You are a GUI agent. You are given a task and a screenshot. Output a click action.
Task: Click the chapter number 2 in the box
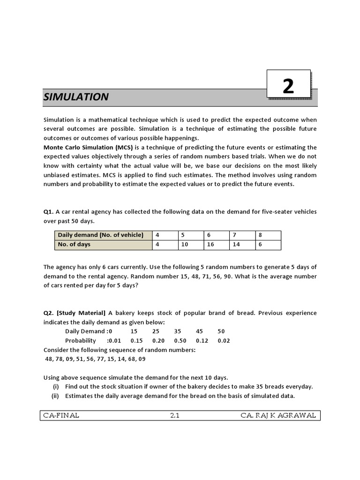pyautogui.click(x=288, y=87)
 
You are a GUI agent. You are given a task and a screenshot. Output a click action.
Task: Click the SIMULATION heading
pyautogui.click(x=76, y=97)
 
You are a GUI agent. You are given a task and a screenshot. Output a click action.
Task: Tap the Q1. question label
pyautogui.click(x=48, y=212)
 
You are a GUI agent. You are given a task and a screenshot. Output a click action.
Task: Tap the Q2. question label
pyautogui.click(x=48, y=313)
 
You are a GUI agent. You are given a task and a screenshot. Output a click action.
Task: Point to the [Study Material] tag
pyautogui.click(x=82, y=313)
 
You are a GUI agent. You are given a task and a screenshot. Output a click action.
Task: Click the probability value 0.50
pyautogui.click(x=180, y=341)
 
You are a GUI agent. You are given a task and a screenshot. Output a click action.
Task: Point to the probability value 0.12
pyautogui.click(x=202, y=341)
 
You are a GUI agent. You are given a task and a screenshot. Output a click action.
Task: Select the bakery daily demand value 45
pyautogui.click(x=200, y=331)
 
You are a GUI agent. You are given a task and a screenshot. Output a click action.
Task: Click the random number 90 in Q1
pyautogui.click(x=225, y=277)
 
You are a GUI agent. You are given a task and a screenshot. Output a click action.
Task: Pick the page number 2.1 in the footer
pyautogui.click(x=175, y=415)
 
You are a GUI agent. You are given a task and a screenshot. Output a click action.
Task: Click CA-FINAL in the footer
pyautogui.click(x=61, y=415)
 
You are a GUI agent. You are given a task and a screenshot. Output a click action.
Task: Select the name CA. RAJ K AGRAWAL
pyautogui.click(x=278, y=415)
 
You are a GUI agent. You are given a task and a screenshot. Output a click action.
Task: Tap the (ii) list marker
pyautogui.click(x=55, y=396)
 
